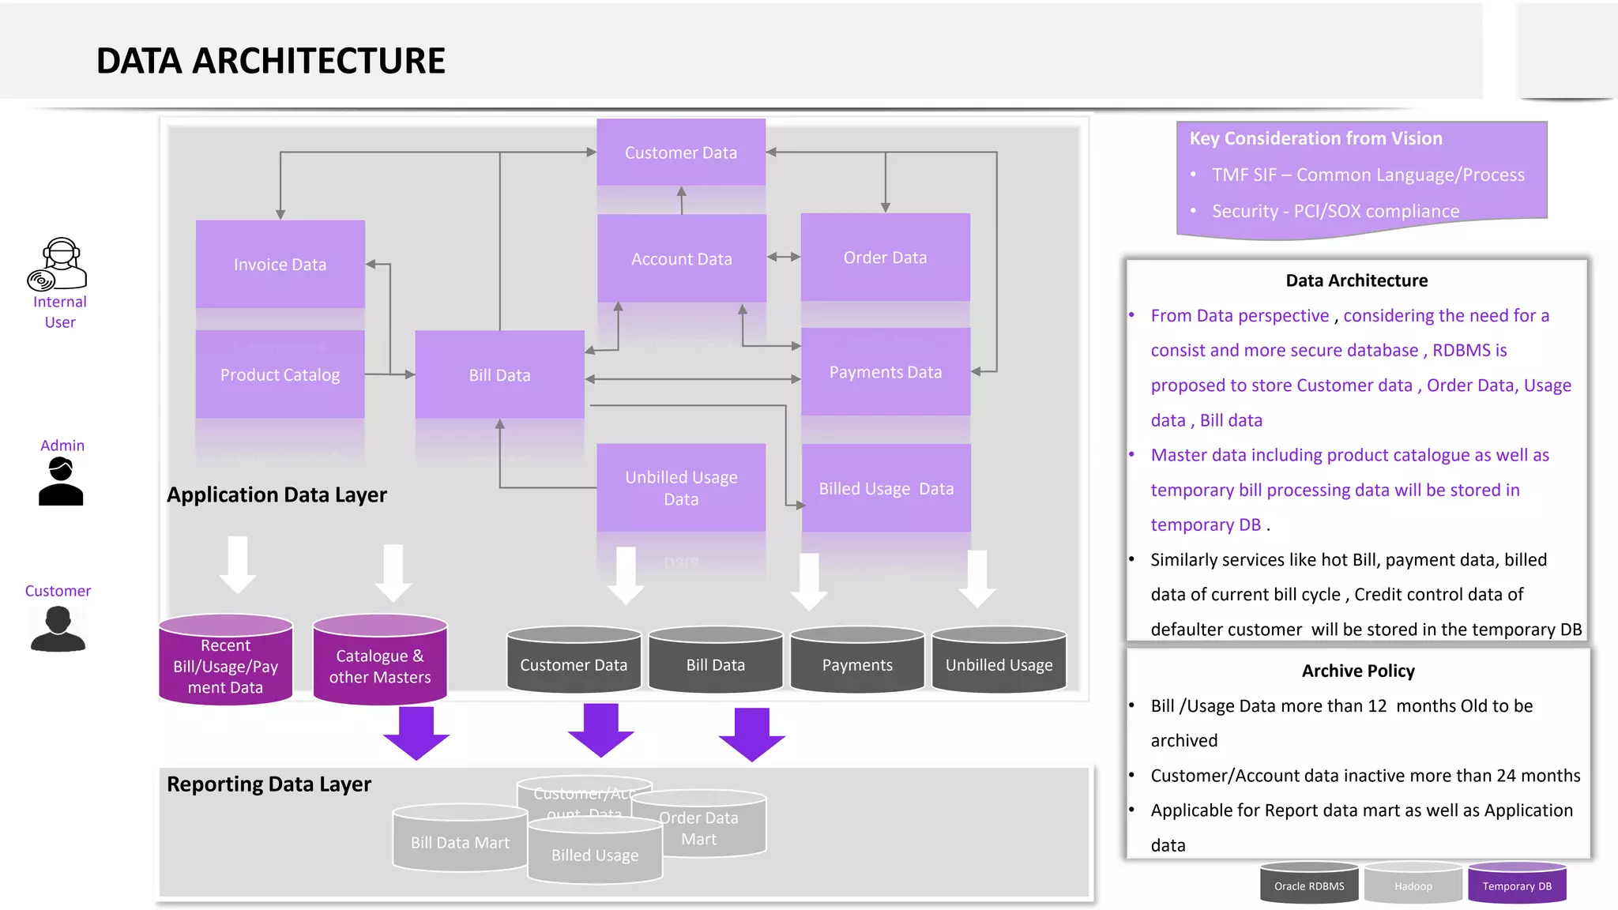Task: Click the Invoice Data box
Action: click(x=280, y=264)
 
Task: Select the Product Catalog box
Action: click(x=280, y=374)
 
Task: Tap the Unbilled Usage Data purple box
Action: click(x=681, y=487)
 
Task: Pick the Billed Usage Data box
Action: click(x=886, y=488)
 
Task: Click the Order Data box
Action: click(x=885, y=257)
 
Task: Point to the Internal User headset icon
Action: click(x=58, y=265)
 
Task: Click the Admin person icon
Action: click(x=61, y=482)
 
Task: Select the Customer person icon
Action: click(x=58, y=629)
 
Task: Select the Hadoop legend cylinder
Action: click(x=1413, y=883)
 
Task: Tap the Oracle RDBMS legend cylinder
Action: click(x=1309, y=883)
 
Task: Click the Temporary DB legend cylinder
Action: click(x=1517, y=883)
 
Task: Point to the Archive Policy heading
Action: click(x=1357, y=671)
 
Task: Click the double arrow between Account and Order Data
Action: click(x=784, y=257)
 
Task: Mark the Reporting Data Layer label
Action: click(x=269, y=784)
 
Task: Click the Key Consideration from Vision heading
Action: click(x=1315, y=138)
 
